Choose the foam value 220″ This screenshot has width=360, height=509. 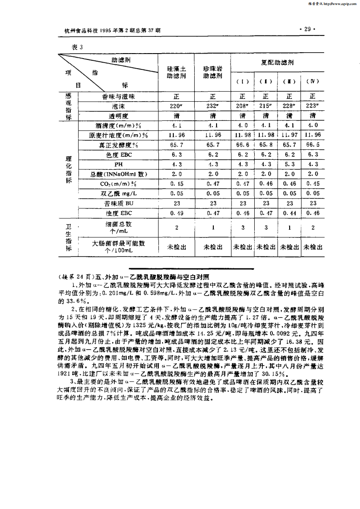click(176, 106)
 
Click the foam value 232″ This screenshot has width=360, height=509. click(212, 106)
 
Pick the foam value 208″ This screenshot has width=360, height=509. click(243, 106)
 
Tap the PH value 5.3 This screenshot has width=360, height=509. click(290, 164)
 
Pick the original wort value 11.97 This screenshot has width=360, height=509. click(290, 135)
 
